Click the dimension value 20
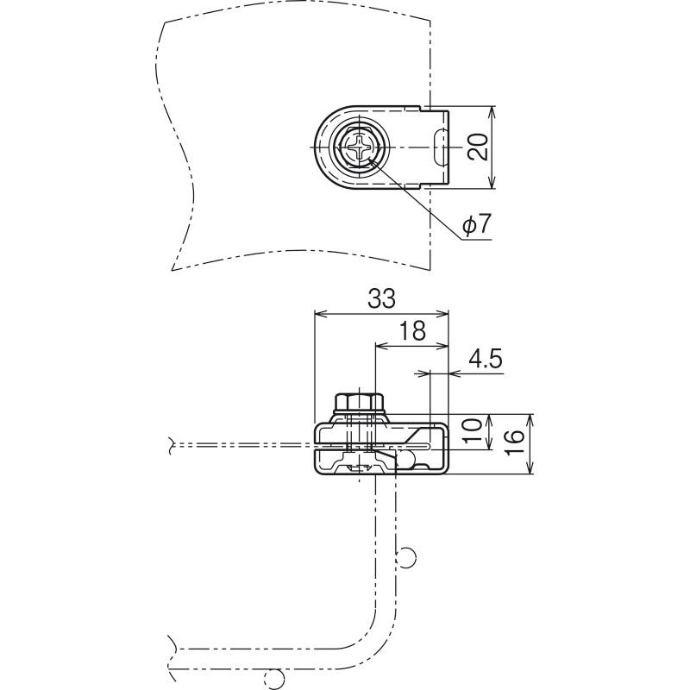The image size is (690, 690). tap(478, 147)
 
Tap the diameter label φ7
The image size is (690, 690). tap(476, 224)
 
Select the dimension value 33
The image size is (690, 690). tap(381, 298)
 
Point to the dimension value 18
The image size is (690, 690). tap(413, 330)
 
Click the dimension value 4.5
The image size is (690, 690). tap(486, 360)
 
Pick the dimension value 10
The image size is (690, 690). tap(472, 432)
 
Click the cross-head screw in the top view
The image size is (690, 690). tap(360, 147)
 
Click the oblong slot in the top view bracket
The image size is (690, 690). tap(439, 147)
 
